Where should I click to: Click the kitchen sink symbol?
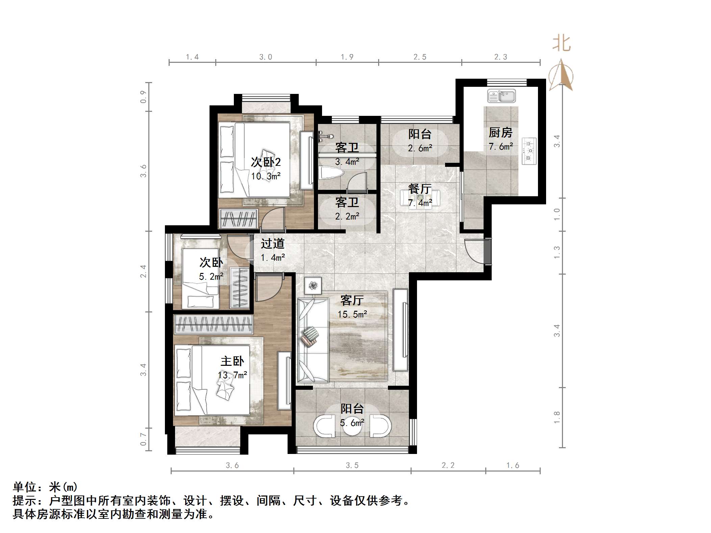(501, 96)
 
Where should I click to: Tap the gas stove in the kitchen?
(529, 151)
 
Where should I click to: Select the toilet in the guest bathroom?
(331, 173)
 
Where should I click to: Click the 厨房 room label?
(500, 133)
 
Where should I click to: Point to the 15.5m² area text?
(352, 314)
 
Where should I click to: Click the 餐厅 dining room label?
(420, 188)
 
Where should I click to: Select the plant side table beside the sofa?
(313, 285)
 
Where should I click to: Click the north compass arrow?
(561, 75)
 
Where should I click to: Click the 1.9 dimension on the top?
(347, 57)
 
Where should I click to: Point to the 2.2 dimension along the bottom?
(448, 465)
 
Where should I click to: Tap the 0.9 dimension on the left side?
(143, 97)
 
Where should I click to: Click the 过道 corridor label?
(272, 243)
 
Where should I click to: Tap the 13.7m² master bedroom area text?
(232, 375)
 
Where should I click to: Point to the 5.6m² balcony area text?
(352, 423)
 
